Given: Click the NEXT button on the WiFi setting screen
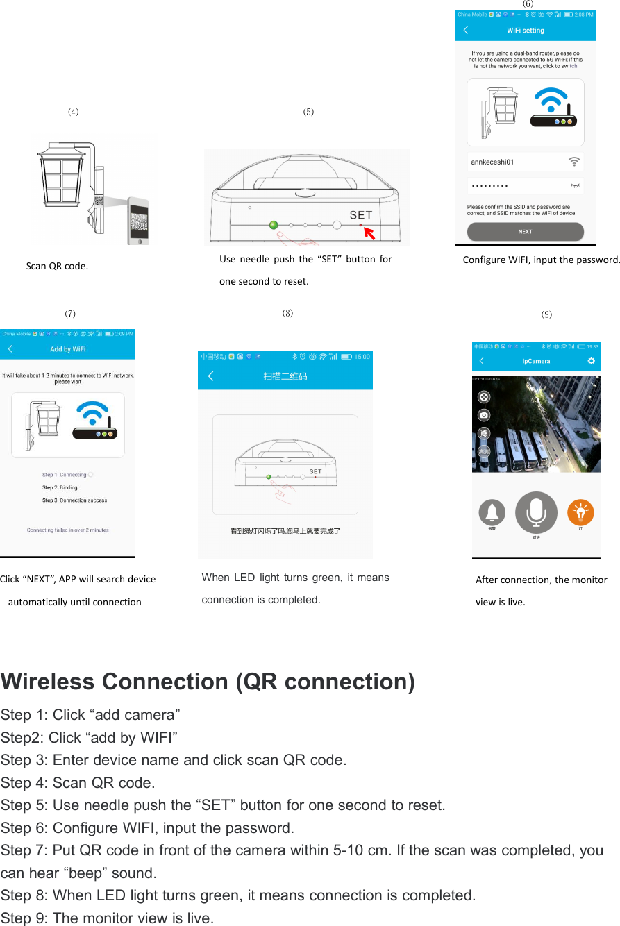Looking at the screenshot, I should click(525, 232).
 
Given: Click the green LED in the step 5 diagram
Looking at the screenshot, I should click(274, 224).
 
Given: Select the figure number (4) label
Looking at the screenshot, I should click(73, 112).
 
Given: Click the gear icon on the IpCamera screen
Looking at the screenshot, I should click(591, 361).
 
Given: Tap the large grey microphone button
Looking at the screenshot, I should click(536, 512).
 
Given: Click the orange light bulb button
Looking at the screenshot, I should click(580, 512).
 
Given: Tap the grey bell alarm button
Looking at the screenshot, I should click(492, 512).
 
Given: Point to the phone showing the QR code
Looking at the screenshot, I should click(137, 219).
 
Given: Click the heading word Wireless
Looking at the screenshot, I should click(48, 682).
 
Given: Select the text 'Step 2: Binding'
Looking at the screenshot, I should click(60, 487).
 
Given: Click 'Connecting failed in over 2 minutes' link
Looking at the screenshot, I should click(67, 530).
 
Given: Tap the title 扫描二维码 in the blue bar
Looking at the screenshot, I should click(285, 376).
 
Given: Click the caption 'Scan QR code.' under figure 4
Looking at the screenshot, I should click(57, 266).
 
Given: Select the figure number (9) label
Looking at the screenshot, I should click(546, 314).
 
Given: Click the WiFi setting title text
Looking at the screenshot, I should click(526, 31).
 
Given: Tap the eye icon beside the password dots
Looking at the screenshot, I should click(575, 186).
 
